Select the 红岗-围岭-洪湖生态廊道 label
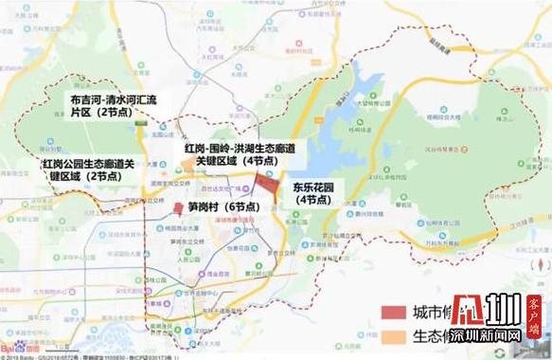tap(236, 150)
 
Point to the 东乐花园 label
tap(317, 186)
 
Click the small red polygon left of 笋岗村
tap(177, 209)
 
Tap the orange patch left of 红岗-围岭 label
tap(168, 145)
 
